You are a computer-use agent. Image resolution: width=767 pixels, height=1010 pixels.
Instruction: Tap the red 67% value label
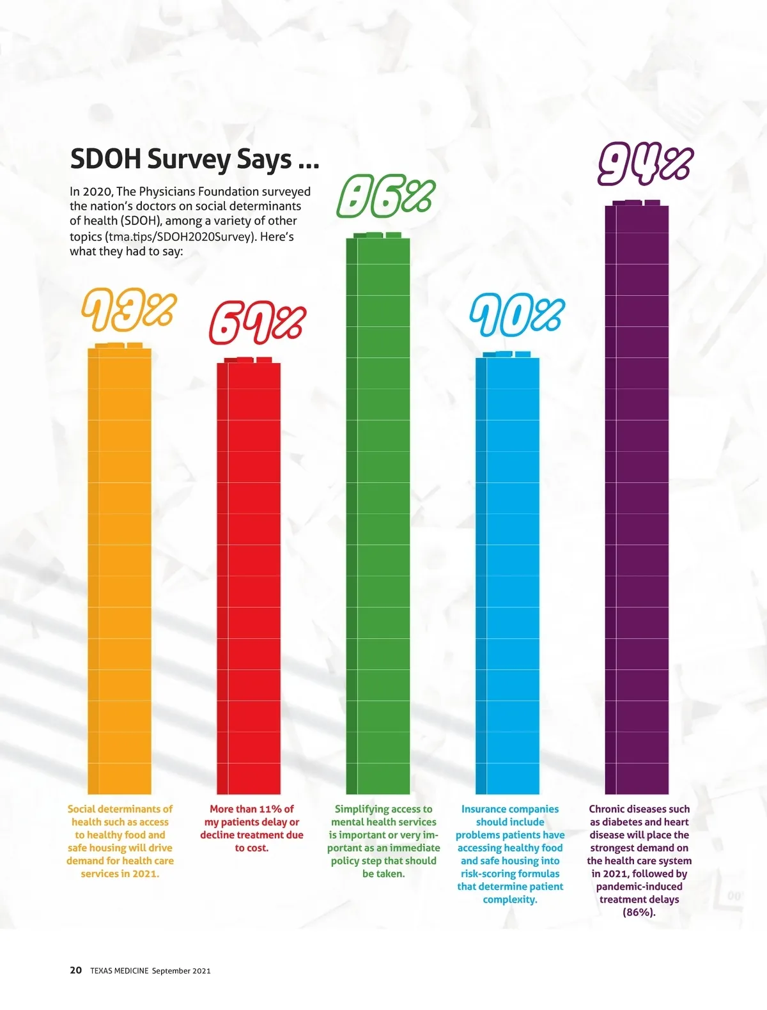(x=258, y=323)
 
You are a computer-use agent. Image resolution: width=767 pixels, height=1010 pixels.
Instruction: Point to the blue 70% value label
(x=516, y=316)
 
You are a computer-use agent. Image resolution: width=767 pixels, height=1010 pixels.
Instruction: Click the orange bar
(x=120, y=569)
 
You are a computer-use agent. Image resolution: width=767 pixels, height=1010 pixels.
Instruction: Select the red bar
(x=249, y=575)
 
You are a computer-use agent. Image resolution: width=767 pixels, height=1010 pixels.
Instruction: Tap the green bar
(x=378, y=511)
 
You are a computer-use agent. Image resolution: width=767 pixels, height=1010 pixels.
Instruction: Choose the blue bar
(x=507, y=575)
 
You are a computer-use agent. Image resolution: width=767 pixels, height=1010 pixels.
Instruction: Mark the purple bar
(x=637, y=499)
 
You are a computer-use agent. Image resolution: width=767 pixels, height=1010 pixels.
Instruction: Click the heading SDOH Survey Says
(x=194, y=159)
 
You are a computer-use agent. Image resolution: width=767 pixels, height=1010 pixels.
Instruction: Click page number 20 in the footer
(x=75, y=970)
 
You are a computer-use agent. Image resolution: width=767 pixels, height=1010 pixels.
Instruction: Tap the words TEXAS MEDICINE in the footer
(x=119, y=971)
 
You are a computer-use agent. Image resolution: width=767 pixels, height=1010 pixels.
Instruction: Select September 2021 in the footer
(x=182, y=971)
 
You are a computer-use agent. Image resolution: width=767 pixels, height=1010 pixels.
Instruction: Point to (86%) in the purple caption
(x=639, y=912)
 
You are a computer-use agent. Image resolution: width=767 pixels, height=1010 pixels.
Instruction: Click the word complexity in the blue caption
(x=509, y=899)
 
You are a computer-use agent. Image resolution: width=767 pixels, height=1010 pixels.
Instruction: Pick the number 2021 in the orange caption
(x=145, y=874)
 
